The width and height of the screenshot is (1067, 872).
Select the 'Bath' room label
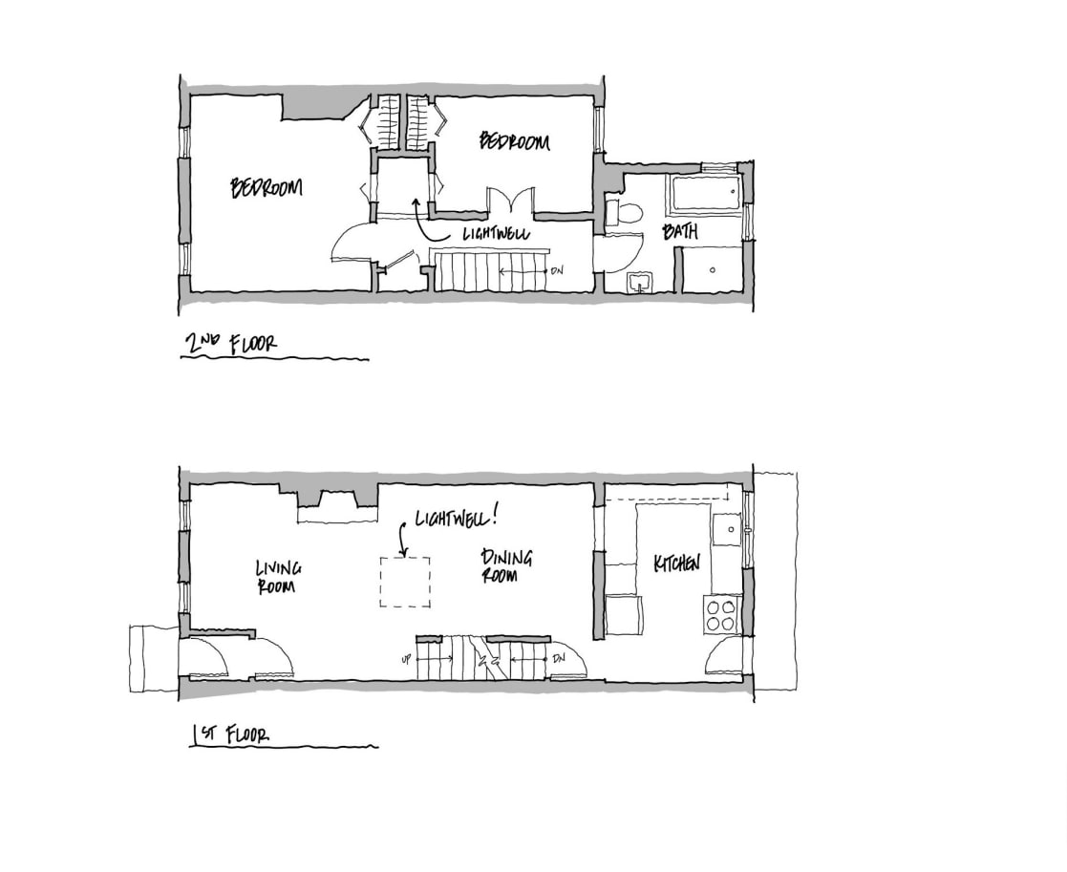[x=680, y=231]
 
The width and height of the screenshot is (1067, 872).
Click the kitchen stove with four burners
[x=722, y=614]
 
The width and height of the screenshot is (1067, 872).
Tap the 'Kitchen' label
[x=676, y=564]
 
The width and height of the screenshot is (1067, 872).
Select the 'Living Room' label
[x=278, y=577]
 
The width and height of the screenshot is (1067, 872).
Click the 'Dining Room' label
[x=506, y=565]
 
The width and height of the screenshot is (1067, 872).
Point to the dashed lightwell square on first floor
[x=405, y=582]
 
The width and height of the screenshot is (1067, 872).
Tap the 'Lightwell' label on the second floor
[x=497, y=233]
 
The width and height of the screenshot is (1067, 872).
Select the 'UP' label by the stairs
[x=406, y=659]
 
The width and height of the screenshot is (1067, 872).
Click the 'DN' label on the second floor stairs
[x=557, y=270]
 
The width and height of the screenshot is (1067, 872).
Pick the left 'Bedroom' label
[x=267, y=187]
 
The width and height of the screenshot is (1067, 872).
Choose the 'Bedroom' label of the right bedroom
[x=514, y=142]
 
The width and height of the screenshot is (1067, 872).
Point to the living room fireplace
[x=331, y=507]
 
